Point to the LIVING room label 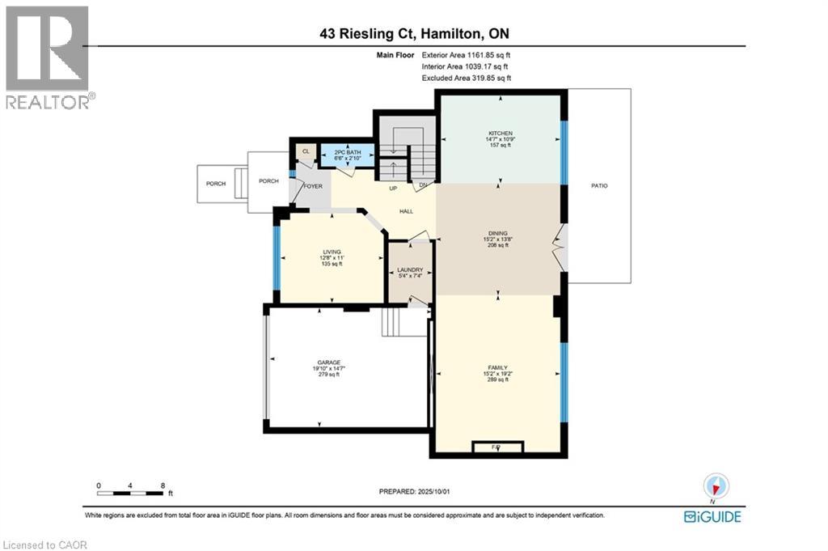pos(330,252)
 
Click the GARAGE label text pos(327,362)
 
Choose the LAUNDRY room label pos(410,270)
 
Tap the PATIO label pos(598,186)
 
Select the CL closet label pos(306,150)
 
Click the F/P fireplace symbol pos(496,447)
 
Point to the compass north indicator pos(716,486)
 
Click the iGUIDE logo pos(712,516)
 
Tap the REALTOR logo pos(49,57)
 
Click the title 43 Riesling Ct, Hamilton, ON pos(413,33)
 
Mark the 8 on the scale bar pos(163,486)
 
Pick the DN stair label pos(423,185)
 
